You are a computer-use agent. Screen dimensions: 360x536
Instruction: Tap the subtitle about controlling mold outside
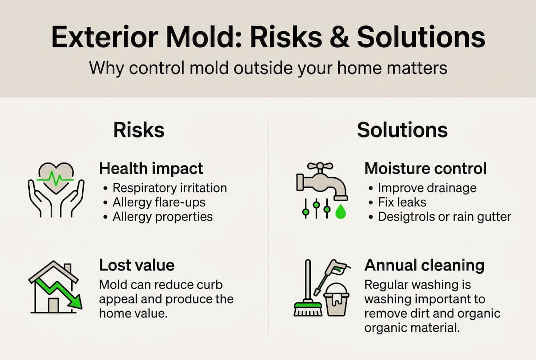[268, 67]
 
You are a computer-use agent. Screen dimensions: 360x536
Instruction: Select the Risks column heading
[139, 130]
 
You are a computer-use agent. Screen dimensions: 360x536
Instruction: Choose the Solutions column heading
[402, 130]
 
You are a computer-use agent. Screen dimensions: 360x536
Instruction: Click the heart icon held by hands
[56, 177]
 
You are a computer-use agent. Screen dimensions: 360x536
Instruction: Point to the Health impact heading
[151, 168]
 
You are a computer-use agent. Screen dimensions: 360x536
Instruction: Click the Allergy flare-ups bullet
[159, 202]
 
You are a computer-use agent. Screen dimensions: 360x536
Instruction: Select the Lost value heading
[137, 265]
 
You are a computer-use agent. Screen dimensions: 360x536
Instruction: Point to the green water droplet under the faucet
[340, 212]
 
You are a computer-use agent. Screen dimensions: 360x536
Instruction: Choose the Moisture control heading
[426, 168]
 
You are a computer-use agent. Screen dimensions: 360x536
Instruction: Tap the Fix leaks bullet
[402, 202]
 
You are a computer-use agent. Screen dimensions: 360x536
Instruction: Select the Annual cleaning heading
[425, 265]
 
